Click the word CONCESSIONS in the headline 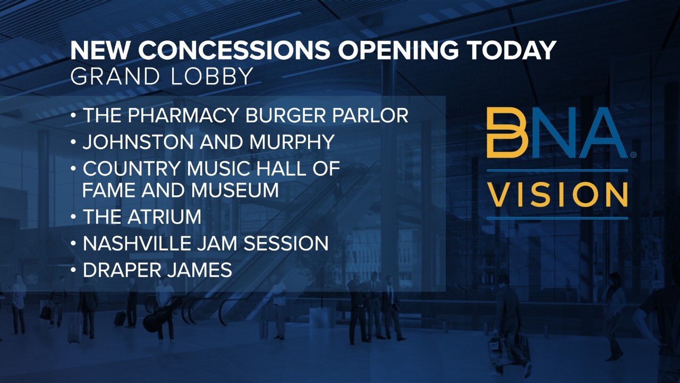click(x=234, y=50)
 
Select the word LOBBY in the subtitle click(x=212, y=76)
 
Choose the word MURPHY click(x=292, y=142)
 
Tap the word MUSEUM click(x=234, y=190)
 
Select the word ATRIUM click(x=164, y=217)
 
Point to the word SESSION click(x=286, y=244)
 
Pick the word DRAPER click(x=122, y=270)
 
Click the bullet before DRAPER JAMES click(x=73, y=269)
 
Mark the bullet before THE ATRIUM click(x=73, y=217)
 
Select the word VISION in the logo click(x=557, y=195)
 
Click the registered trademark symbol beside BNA click(x=633, y=155)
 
